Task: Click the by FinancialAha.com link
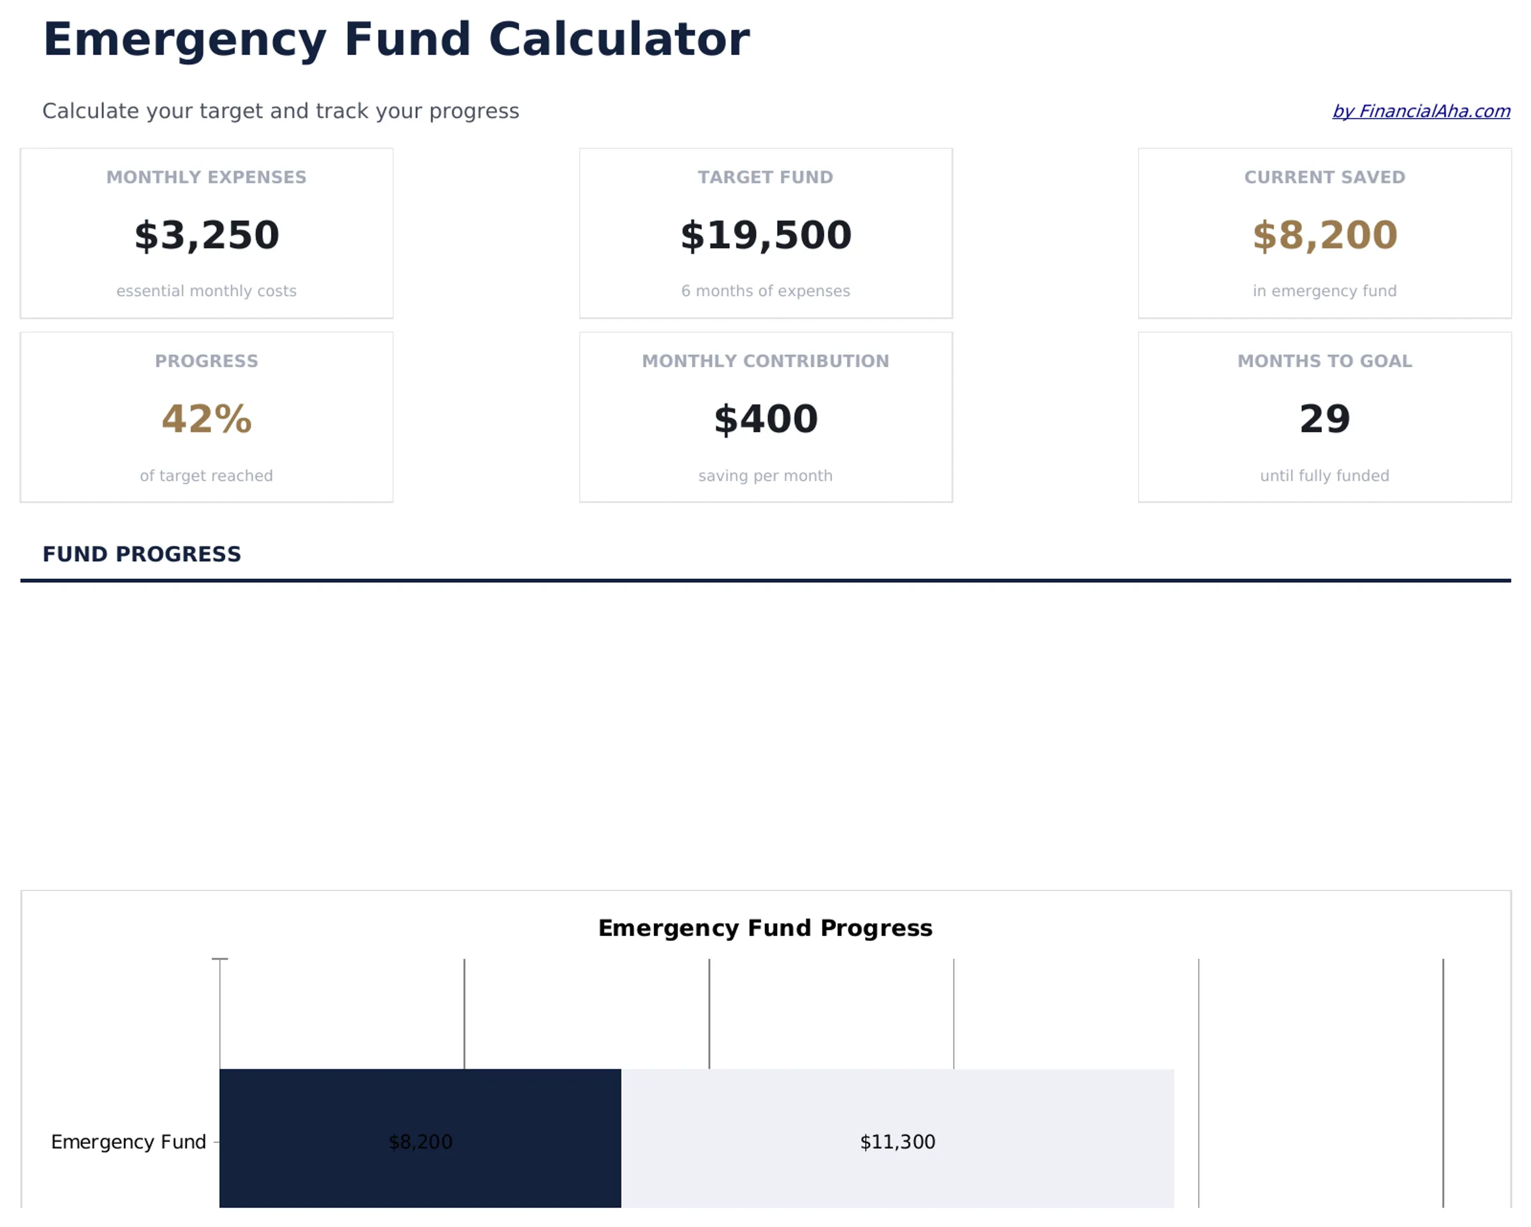point(1420,112)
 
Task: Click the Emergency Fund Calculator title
point(396,39)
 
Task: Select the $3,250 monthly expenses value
point(207,235)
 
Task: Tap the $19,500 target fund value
point(765,235)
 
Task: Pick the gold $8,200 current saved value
point(1324,235)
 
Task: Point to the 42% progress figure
point(207,419)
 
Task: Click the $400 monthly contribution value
point(765,419)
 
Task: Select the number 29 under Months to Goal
point(1324,419)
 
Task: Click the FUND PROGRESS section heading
point(142,554)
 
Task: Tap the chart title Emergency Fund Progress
point(765,928)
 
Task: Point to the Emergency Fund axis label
point(128,1141)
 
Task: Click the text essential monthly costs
point(207,291)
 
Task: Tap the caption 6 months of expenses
point(765,291)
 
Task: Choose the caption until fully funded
point(1324,476)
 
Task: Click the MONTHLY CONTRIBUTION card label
point(765,361)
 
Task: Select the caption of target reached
point(207,476)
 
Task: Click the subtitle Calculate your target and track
point(281,112)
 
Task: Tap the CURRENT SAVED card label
point(1324,177)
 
